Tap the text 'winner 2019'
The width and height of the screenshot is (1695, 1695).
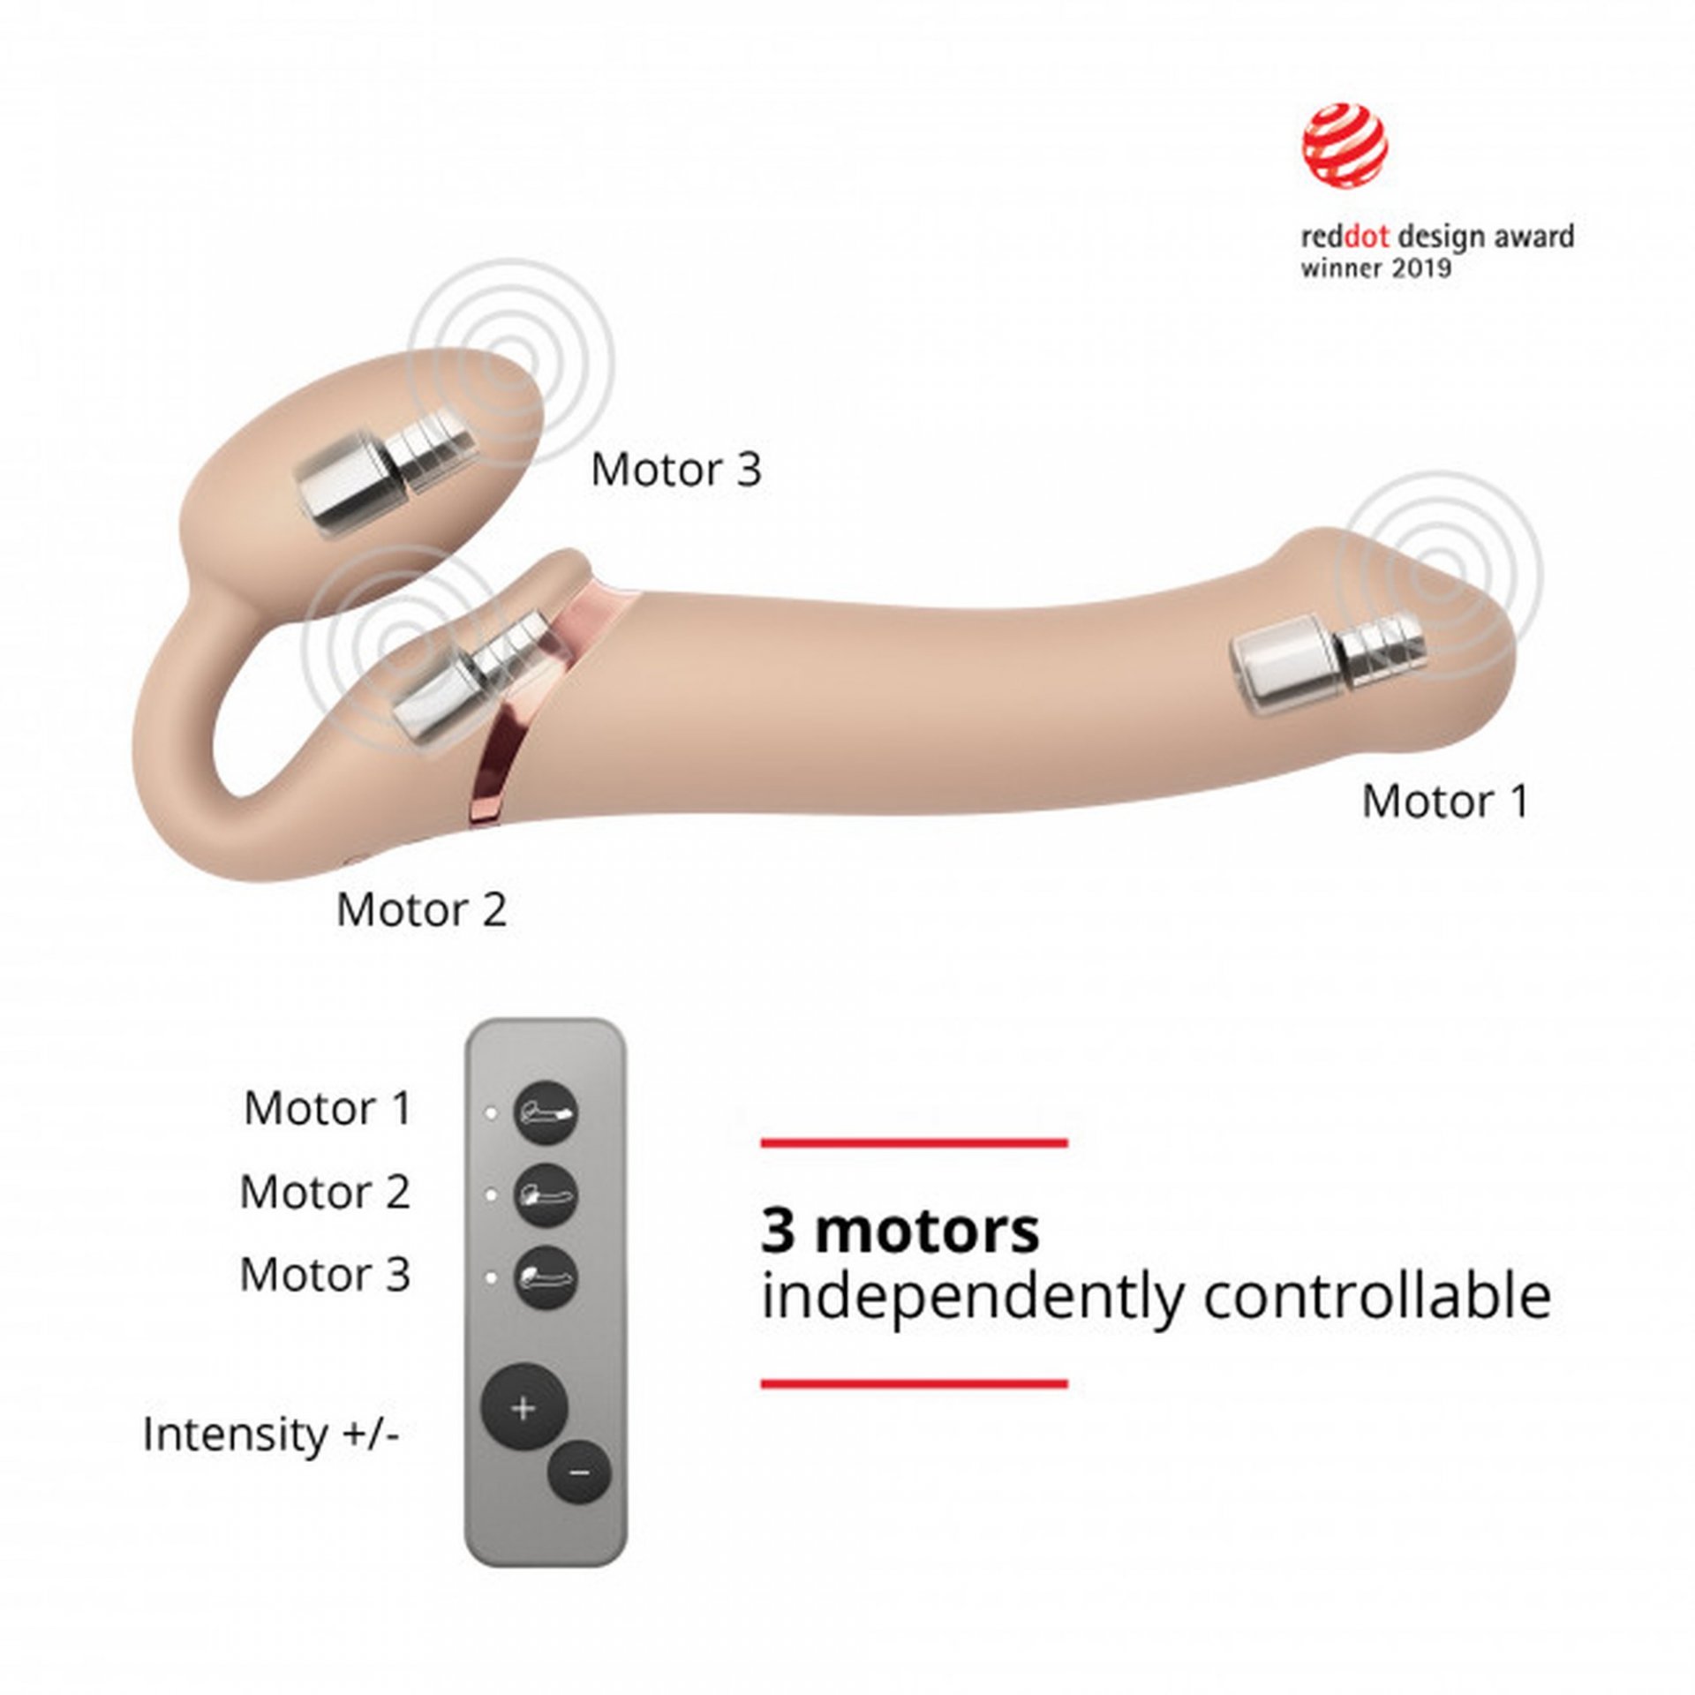tap(1375, 267)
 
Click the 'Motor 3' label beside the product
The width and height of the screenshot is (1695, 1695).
tap(675, 469)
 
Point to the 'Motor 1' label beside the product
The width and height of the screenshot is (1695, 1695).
tap(1444, 801)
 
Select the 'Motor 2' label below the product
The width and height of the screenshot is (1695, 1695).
tap(422, 909)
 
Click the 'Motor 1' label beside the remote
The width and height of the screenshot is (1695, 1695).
tap(328, 1108)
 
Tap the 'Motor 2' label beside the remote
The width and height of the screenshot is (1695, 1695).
tap(325, 1192)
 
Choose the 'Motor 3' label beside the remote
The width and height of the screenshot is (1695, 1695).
tap(325, 1274)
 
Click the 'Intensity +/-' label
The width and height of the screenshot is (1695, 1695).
tap(271, 1434)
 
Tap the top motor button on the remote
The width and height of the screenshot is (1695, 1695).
tap(546, 1112)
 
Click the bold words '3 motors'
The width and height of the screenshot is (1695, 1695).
tap(900, 1232)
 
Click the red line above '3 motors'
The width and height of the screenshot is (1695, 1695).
tap(915, 1143)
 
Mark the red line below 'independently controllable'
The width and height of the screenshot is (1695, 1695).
tap(915, 1383)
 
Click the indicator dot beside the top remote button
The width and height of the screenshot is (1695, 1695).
tap(491, 1112)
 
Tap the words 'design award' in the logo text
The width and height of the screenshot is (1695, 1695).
tap(1487, 237)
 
